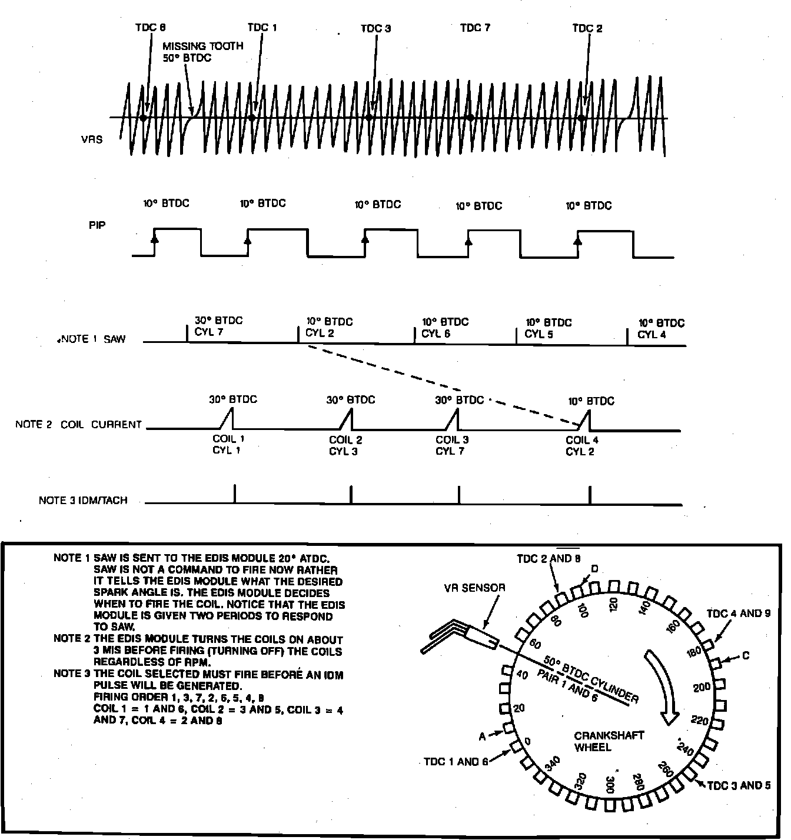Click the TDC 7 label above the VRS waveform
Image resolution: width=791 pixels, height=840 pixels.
[x=475, y=28]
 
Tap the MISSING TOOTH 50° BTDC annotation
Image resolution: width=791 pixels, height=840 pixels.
[x=202, y=52]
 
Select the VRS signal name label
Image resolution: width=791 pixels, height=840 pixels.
[x=92, y=139]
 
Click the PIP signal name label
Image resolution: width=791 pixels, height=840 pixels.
[x=97, y=225]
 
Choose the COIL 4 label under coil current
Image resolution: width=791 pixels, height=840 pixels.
[x=582, y=439]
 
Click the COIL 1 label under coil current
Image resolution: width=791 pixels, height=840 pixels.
[x=229, y=439]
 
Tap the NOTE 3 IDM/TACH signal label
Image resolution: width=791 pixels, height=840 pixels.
[x=83, y=501]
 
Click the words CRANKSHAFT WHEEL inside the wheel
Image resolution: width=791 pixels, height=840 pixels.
[x=601, y=741]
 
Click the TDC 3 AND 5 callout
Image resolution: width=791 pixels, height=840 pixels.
[x=738, y=785]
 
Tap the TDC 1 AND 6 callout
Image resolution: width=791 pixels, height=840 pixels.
[x=456, y=762]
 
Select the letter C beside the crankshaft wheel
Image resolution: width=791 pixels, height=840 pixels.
[x=746, y=656]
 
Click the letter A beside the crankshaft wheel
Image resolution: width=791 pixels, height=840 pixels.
[x=482, y=736]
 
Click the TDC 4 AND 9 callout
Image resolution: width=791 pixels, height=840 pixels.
[x=738, y=614]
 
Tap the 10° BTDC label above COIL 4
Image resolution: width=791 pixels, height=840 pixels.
[x=591, y=401]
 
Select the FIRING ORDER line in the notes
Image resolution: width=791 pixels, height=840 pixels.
[x=178, y=698]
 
